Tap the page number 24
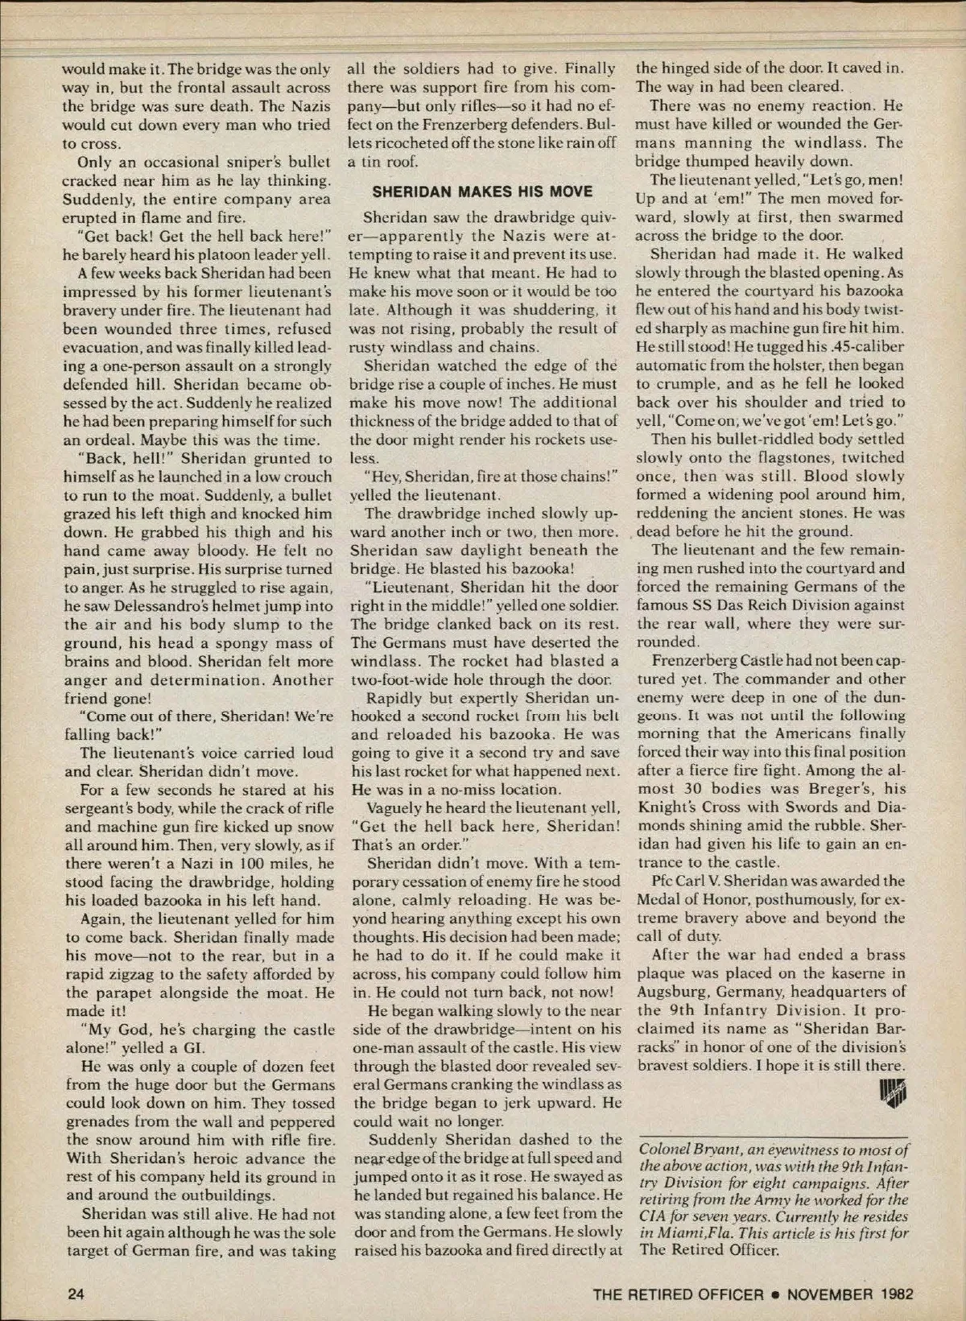[76, 1294]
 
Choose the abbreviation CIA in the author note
[652, 1216]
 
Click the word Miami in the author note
[687, 1233]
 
